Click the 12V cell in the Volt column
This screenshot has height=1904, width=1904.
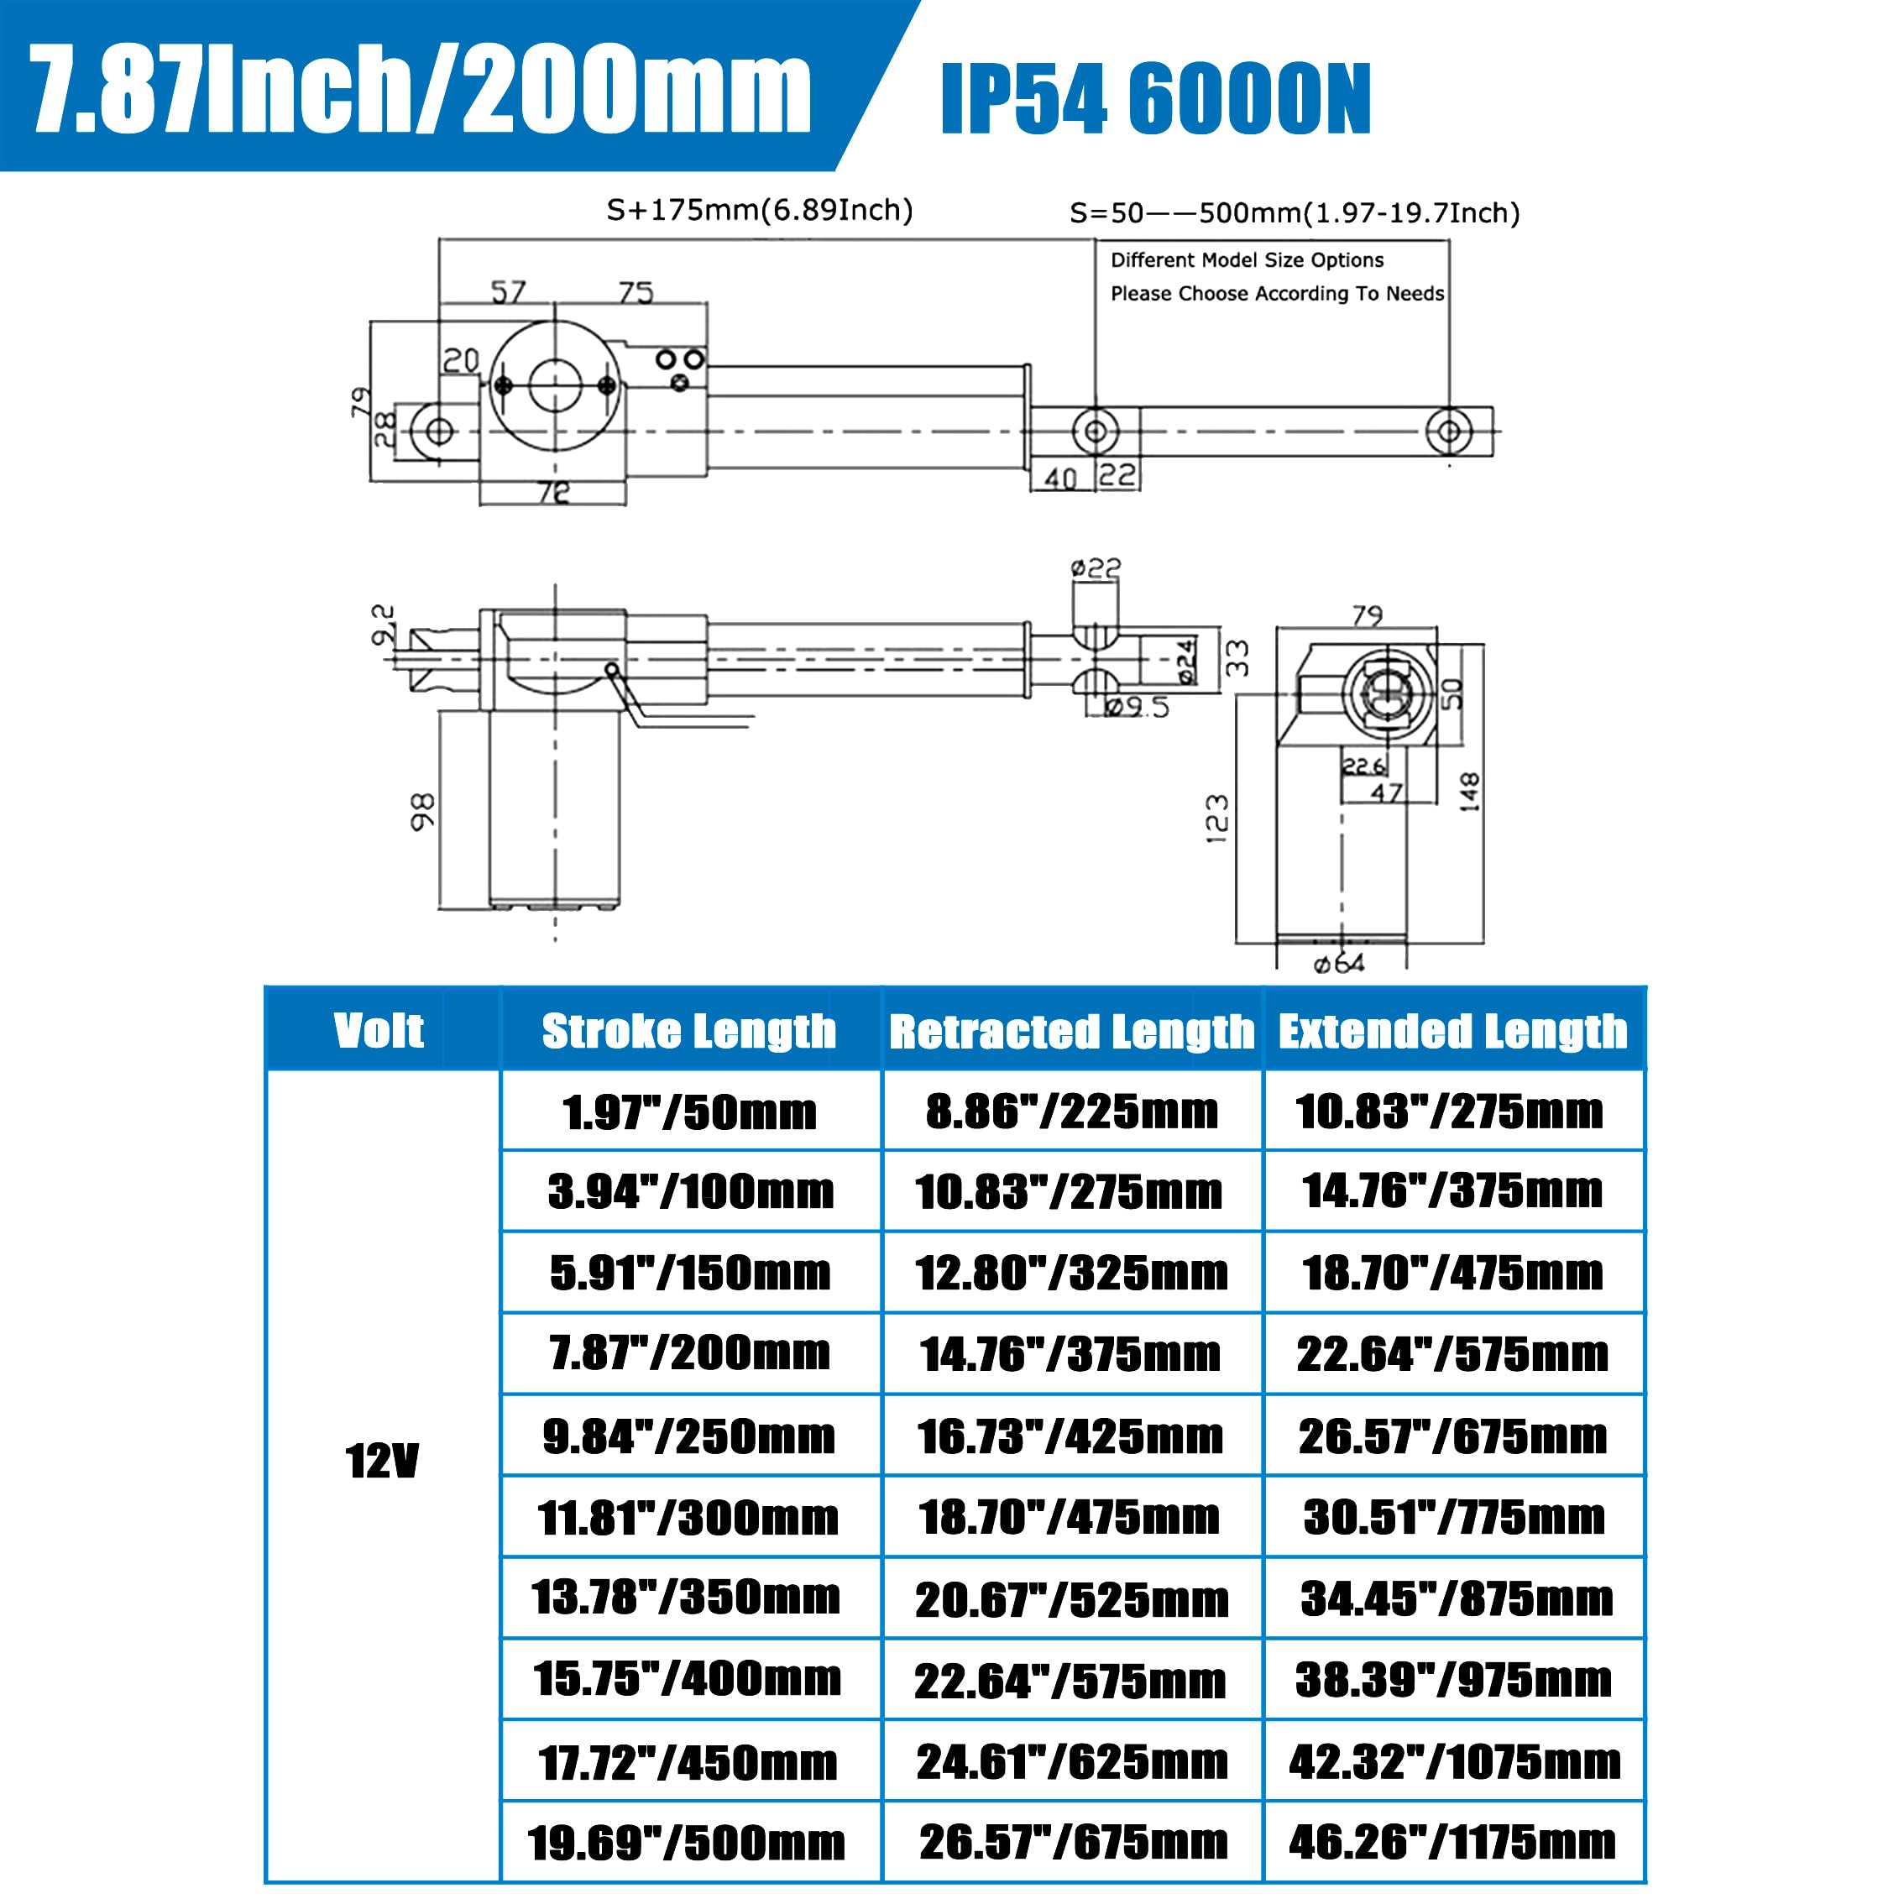pos(382,1462)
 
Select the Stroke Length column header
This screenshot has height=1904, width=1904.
pos(689,1031)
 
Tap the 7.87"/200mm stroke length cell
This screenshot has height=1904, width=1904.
pos(690,1352)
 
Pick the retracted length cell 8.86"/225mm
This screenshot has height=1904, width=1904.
pos(1071,1112)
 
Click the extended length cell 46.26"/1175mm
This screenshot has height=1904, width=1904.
pos(1452,1841)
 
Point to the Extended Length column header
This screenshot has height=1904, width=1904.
pos(1452,1031)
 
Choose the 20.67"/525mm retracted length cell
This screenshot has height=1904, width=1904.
pos(1071,1599)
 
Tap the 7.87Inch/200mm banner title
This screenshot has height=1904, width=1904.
pos(421,91)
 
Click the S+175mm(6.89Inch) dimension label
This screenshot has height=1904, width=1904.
pos(759,210)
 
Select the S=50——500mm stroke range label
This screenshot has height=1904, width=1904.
pos(1294,213)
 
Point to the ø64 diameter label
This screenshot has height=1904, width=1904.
pos(1339,963)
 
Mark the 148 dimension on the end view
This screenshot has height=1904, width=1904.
pos(1468,792)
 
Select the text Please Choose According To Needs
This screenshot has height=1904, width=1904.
pos(1277,294)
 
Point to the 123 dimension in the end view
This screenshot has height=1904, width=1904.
pos(1218,818)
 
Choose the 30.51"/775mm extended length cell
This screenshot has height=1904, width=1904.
pos(1452,1517)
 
